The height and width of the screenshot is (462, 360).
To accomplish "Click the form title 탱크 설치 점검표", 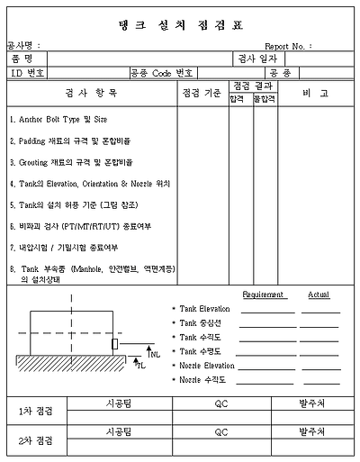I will (179, 24).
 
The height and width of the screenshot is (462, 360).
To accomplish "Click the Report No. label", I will (288, 45).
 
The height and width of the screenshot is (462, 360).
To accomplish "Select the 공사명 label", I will (22, 45).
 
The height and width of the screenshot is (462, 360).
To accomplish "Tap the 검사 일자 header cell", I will (259, 59).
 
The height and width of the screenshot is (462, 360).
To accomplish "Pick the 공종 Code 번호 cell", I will (163, 72).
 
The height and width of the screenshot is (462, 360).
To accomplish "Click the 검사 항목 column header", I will (91, 94).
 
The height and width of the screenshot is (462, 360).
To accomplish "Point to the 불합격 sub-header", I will (265, 100).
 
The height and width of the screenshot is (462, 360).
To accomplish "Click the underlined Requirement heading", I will (263, 294).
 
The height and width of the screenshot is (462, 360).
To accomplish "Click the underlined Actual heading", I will (319, 294).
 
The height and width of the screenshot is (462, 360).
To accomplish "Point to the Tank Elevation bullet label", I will (204, 309).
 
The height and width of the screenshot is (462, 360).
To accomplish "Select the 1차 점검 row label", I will (36, 411).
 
